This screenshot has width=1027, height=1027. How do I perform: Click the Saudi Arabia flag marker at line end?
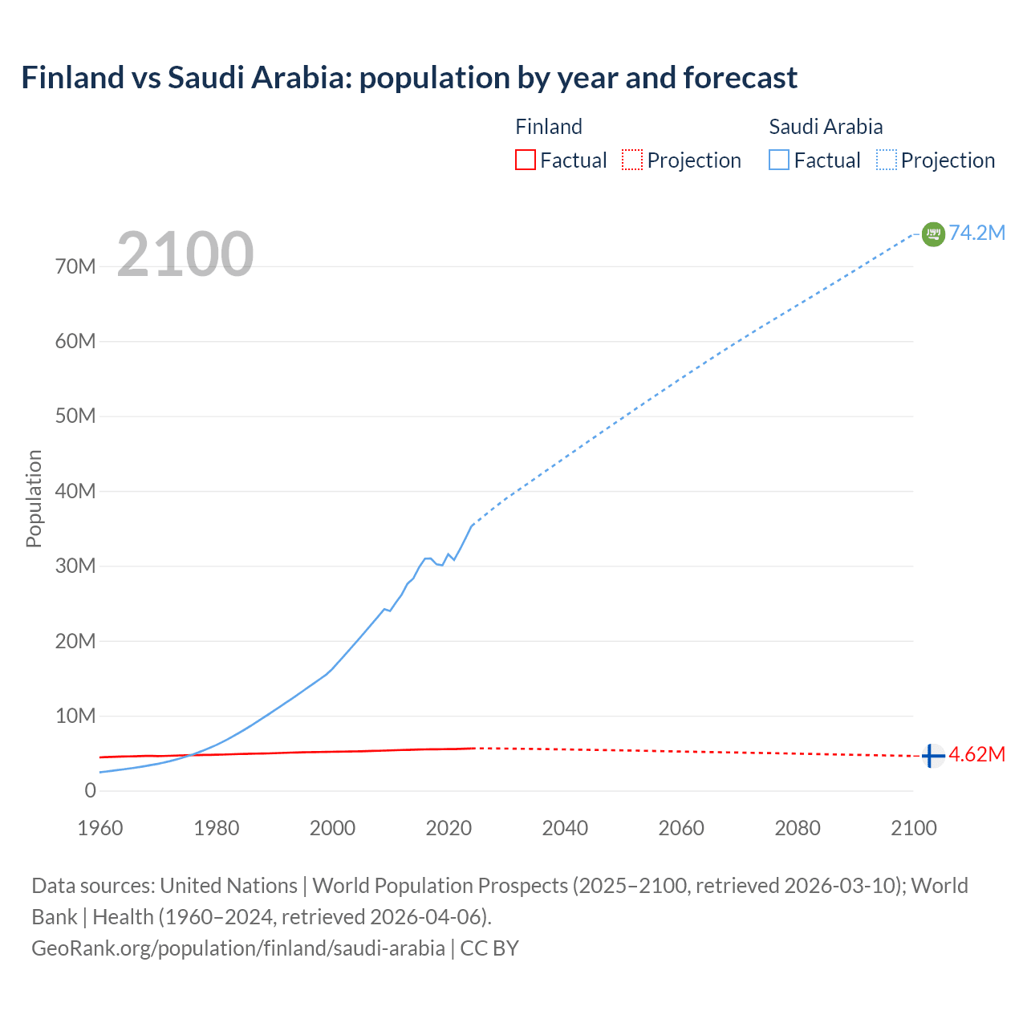tap(933, 234)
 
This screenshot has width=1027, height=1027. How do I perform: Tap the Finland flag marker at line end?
tap(933, 756)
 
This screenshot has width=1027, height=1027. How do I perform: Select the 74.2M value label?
tap(977, 233)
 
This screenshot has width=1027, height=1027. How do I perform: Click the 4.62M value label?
tap(977, 754)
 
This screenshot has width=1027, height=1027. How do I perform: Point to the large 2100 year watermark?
tap(185, 254)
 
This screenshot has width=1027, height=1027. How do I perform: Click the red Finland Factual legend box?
tap(525, 160)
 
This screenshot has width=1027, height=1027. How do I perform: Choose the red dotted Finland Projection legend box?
tap(632, 160)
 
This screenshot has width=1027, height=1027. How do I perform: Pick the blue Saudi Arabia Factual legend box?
tap(779, 160)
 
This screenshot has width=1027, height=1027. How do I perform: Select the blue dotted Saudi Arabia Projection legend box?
tap(887, 160)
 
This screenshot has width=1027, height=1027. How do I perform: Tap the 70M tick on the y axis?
tap(75, 266)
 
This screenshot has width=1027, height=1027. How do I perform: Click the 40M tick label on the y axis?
tap(75, 491)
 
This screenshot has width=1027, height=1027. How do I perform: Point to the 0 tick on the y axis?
tap(90, 790)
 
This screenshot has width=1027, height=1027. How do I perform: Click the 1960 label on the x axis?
tap(100, 828)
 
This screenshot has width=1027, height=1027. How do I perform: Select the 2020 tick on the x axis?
tap(449, 828)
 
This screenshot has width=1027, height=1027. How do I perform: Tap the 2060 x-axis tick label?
tap(681, 828)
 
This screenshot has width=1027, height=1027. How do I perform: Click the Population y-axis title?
tap(34, 498)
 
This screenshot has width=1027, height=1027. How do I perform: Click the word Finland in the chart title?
tap(73, 78)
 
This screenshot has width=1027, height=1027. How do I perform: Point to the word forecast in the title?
tap(741, 78)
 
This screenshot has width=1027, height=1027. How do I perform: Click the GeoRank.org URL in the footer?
tap(238, 948)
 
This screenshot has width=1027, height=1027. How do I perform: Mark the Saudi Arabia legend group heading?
tap(826, 127)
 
